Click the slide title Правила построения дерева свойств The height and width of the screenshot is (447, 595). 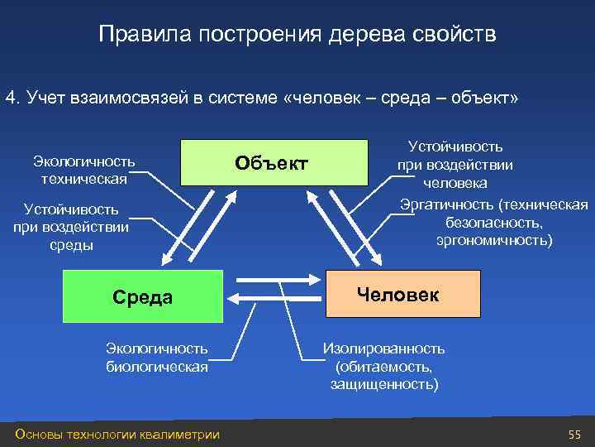pos(297,35)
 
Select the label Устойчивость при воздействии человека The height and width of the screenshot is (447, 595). pos(455,164)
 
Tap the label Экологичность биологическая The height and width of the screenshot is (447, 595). pos(156,358)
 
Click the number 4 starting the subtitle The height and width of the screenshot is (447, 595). pos(10,99)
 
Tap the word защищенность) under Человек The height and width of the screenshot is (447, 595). pos(384,384)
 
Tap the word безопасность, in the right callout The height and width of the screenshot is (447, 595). pos(494,223)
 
